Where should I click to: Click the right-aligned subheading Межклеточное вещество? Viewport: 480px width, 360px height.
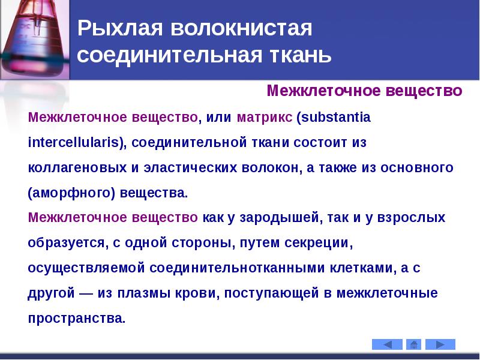point(364,91)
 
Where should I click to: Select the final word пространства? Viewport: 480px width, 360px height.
point(76,319)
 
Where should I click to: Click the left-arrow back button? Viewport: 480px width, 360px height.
point(387,344)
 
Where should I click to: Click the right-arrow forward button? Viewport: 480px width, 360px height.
point(440,344)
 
